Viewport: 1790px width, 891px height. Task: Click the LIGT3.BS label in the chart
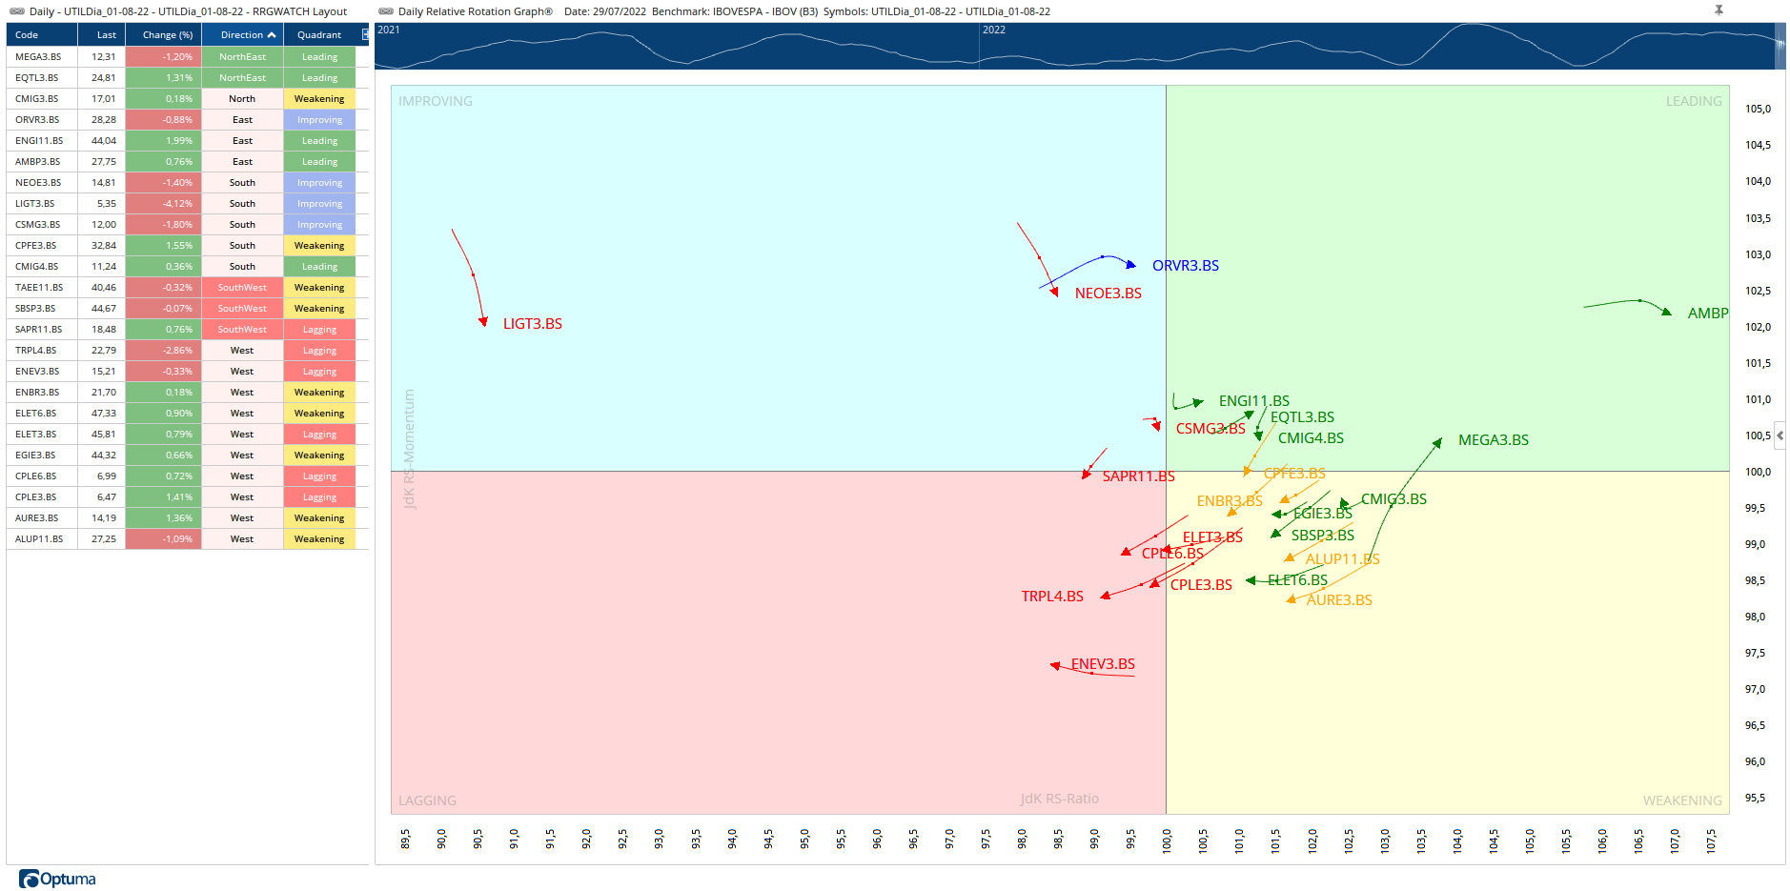[x=532, y=324]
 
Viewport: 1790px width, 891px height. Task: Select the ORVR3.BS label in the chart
[x=1185, y=266]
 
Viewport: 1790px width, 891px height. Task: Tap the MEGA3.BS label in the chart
[x=1493, y=440]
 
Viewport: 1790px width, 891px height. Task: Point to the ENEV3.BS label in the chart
[x=1103, y=664]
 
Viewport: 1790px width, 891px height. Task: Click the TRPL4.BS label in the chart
[x=1052, y=597]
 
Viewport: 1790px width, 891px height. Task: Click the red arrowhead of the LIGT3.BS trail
[x=483, y=322]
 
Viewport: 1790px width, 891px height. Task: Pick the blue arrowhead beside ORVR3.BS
[x=1131, y=265]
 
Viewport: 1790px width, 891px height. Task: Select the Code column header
[x=27, y=35]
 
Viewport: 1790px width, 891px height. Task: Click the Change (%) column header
[x=167, y=35]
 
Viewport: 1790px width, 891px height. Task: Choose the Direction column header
[x=242, y=35]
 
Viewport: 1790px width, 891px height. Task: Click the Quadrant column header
[x=319, y=35]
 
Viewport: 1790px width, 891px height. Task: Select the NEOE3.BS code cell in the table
[x=38, y=183]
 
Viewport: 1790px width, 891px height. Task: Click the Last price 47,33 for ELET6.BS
[x=104, y=414]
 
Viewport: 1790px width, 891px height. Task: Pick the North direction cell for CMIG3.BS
[x=242, y=99]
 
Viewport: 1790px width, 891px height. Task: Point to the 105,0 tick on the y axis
[x=1758, y=109]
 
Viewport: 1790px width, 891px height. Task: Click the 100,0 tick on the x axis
[x=1166, y=839]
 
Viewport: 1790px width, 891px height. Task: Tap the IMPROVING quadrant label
[x=435, y=101]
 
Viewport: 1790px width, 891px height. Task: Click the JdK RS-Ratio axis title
[x=1059, y=799]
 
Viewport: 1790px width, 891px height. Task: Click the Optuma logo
[x=58, y=879]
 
